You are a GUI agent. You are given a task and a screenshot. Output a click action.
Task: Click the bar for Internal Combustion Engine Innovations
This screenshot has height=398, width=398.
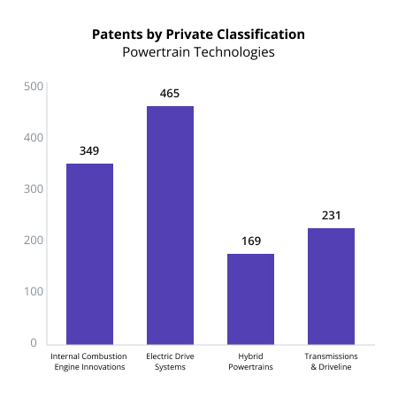tap(89, 254)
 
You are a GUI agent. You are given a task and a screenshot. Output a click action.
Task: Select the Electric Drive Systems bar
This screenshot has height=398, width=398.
tap(170, 225)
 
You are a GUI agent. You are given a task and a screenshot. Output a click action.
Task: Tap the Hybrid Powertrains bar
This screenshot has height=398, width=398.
tap(250, 299)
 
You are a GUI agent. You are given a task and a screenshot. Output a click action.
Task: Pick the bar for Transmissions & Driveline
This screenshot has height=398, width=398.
tap(331, 286)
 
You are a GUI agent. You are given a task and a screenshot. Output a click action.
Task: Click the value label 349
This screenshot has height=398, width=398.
tap(89, 150)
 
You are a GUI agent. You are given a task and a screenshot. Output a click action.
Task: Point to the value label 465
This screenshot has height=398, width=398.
tap(170, 93)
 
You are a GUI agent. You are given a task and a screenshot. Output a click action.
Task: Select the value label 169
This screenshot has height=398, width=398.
tap(250, 241)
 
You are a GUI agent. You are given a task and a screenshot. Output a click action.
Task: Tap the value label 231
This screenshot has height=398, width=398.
tap(331, 215)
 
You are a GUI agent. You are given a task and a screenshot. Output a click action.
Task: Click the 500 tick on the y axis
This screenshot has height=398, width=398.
tap(34, 87)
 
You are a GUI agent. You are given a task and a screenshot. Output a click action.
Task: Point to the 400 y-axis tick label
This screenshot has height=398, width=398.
tap(34, 138)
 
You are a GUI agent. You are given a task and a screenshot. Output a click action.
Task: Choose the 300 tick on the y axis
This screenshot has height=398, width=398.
tap(34, 189)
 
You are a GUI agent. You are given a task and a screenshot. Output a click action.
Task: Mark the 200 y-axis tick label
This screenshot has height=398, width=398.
tap(34, 241)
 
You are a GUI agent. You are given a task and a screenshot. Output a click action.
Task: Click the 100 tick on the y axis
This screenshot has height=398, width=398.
tap(34, 292)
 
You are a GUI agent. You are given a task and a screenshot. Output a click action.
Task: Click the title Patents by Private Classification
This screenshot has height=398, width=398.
tap(199, 34)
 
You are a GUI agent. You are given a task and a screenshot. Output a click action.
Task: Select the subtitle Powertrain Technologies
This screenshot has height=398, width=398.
tap(199, 52)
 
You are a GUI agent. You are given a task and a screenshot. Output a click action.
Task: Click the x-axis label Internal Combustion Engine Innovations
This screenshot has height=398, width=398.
tap(89, 362)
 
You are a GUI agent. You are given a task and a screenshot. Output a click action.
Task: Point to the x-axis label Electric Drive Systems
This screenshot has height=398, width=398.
tap(170, 362)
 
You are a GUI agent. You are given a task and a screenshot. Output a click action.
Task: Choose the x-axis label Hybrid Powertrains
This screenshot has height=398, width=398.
tap(250, 362)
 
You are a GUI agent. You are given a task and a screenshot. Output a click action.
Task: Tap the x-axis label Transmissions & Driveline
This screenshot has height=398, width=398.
tap(331, 362)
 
